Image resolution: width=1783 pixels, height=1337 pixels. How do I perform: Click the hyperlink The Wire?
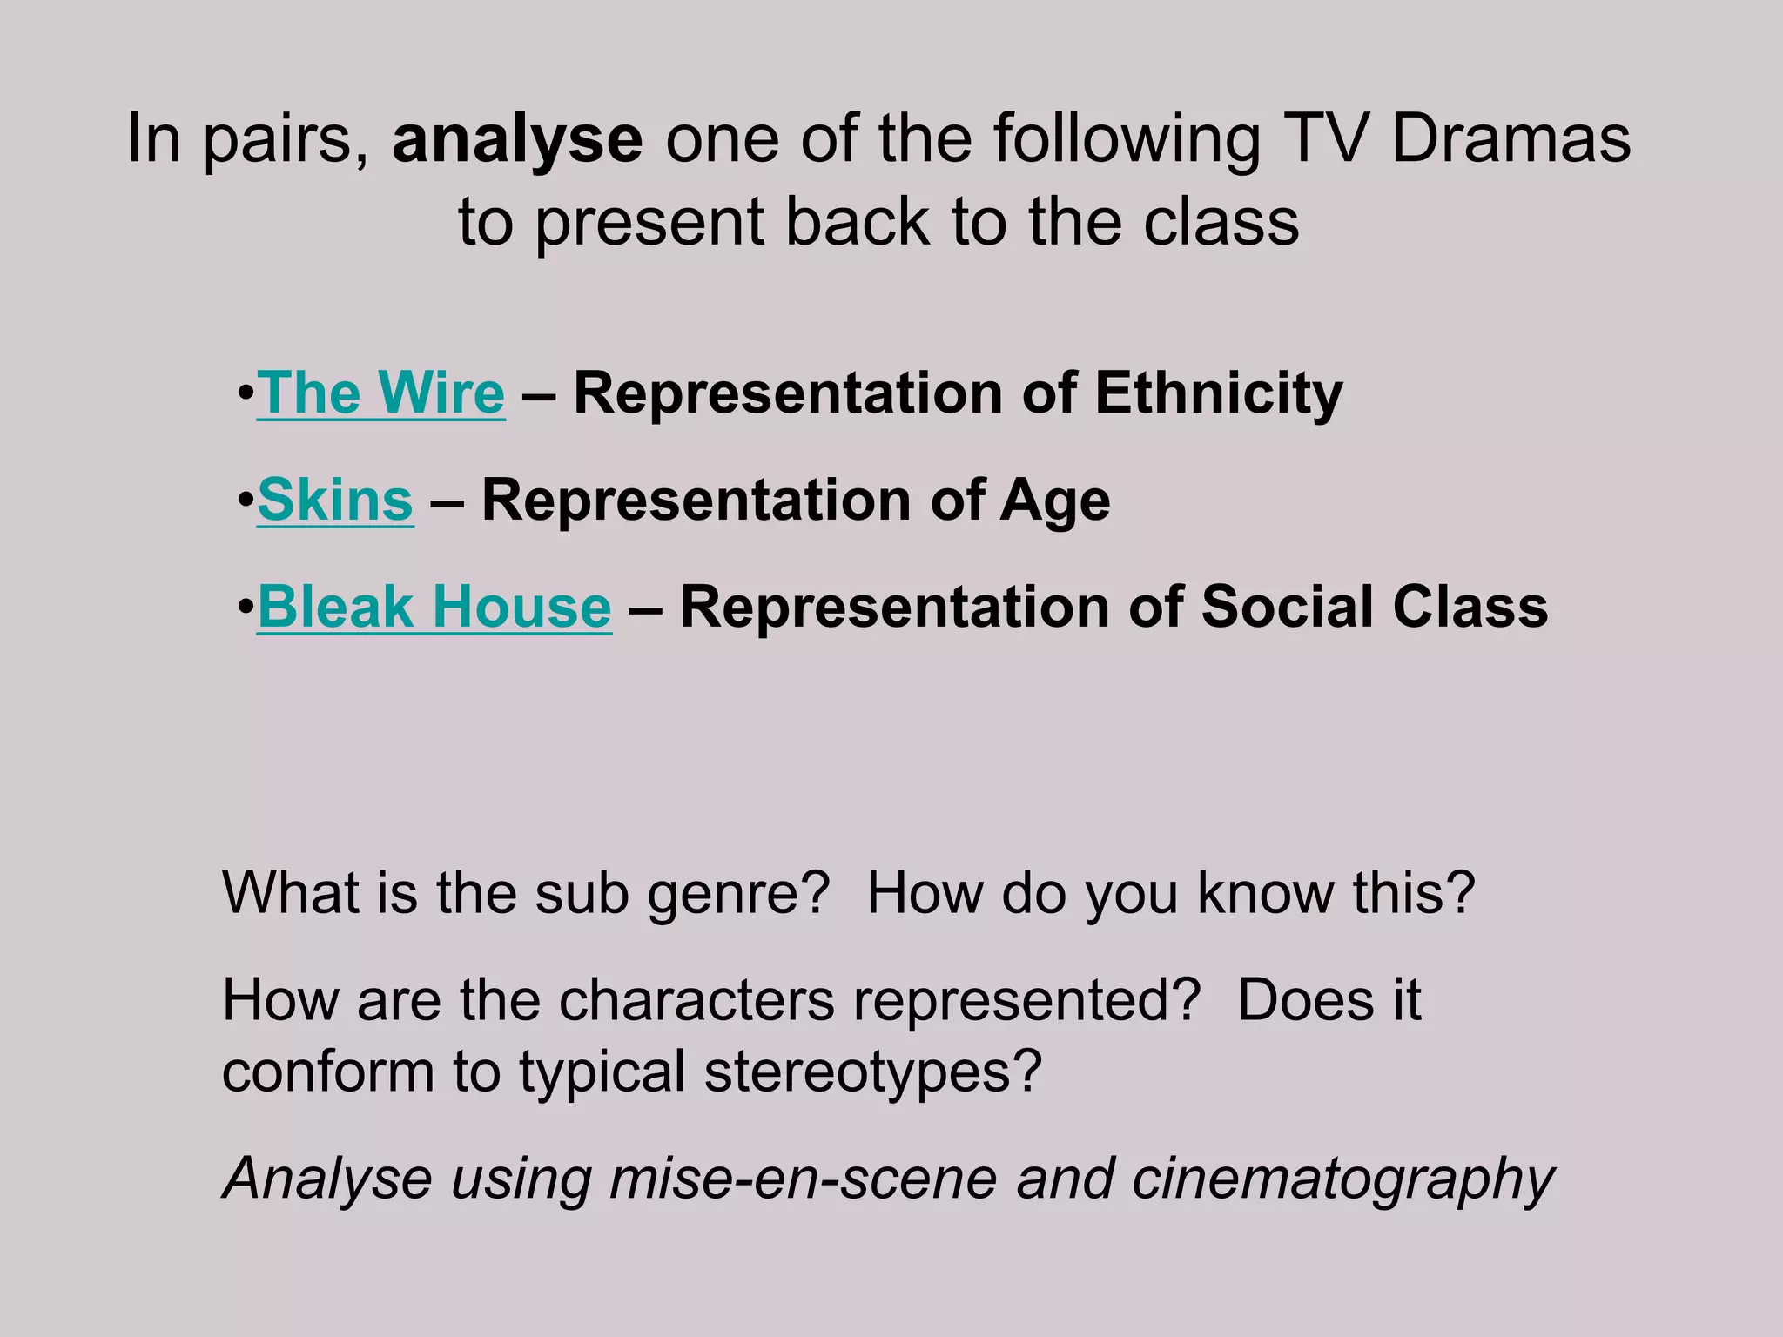380,393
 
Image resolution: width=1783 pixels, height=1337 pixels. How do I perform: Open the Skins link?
335,501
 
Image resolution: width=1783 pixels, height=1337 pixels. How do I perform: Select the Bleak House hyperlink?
434,607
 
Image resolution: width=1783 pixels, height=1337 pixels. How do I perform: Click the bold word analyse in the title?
517,139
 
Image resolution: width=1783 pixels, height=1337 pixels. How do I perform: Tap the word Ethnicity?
1218,393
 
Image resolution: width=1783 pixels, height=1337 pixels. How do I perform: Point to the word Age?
1054,501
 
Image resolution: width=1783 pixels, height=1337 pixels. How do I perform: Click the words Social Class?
1375,607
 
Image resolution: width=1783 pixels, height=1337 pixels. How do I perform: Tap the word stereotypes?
872,1072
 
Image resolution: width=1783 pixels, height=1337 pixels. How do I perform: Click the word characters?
696,1000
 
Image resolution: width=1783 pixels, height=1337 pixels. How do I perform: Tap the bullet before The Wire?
245,393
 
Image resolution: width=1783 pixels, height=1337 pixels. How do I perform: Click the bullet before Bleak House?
245,607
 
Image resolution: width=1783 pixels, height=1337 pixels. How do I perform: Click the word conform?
327,1072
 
